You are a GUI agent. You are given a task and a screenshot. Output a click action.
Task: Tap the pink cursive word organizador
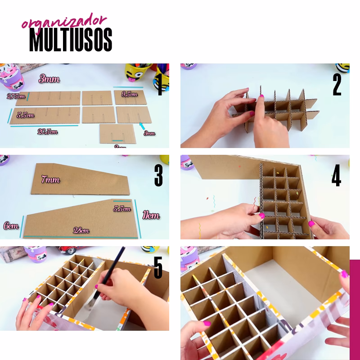tap(64, 22)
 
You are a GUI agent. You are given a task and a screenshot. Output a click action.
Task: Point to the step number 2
tap(337, 84)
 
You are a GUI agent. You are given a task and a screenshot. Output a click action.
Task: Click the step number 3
tap(158, 175)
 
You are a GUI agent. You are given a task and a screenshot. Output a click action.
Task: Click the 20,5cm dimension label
tap(47, 132)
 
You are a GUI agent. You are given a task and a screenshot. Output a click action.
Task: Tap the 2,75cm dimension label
tap(16, 96)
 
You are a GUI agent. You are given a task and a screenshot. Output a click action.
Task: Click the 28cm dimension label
tap(81, 231)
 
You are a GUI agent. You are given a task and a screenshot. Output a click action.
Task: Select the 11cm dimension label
tap(150, 216)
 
